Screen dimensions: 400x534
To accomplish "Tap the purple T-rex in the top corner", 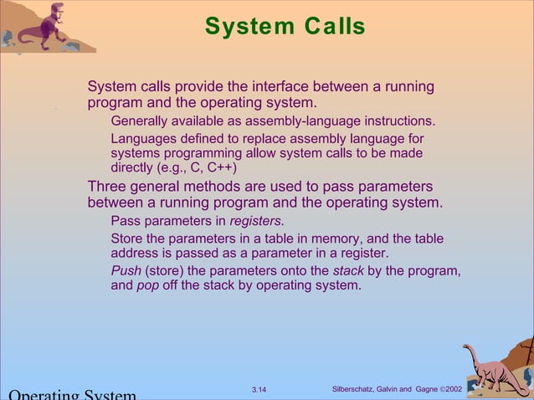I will [42, 24].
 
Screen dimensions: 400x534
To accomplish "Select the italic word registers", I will [256, 222].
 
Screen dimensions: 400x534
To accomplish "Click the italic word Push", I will [126, 270].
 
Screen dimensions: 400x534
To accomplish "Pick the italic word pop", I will [148, 285].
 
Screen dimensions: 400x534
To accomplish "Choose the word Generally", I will [141, 121].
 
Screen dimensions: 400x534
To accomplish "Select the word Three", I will [109, 186].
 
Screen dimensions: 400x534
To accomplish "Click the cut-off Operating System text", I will [71, 394].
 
